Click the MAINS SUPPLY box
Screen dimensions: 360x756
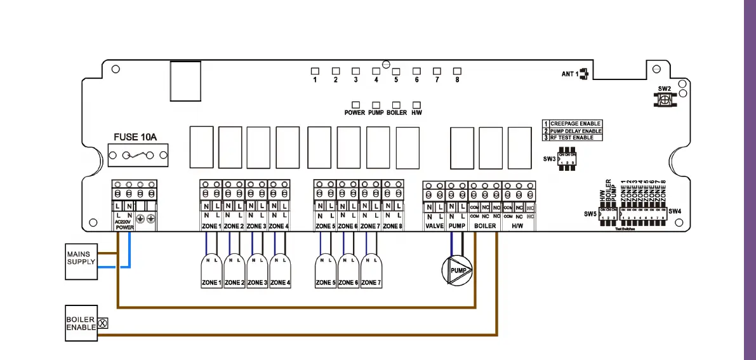click(81, 261)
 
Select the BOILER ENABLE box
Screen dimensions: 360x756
click(81, 323)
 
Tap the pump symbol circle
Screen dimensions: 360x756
click(457, 270)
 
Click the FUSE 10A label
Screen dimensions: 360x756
click(135, 137)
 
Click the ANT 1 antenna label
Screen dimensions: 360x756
click(570, 74)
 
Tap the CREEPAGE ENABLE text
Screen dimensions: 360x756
click(576, 124)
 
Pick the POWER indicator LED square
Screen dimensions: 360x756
click(355, 104)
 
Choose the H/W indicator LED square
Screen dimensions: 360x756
click(417, 104)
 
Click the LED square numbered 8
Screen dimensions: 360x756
click(456, 70)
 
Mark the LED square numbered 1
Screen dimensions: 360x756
click(315, 70)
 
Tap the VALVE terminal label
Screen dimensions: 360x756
click(434, 226)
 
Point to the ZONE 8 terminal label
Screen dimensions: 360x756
click(392, 226)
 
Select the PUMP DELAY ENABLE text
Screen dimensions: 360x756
click(576, 131)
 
